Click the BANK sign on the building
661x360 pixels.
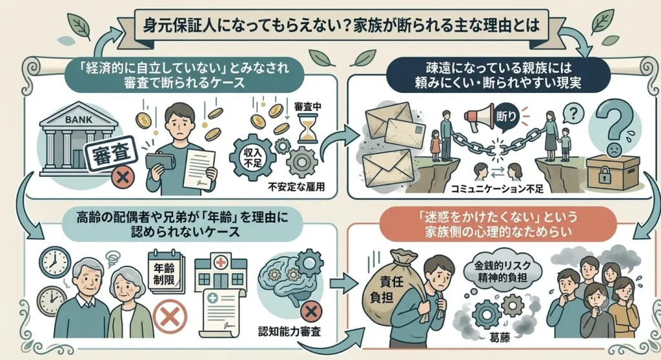pos(79,120)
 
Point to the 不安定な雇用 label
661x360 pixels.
pos(296,186)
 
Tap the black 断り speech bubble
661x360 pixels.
pos(506,115)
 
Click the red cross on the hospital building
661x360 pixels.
pos(220,263)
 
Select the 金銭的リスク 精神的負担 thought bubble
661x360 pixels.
pos(502,272)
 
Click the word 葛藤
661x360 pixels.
pos(500,337)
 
